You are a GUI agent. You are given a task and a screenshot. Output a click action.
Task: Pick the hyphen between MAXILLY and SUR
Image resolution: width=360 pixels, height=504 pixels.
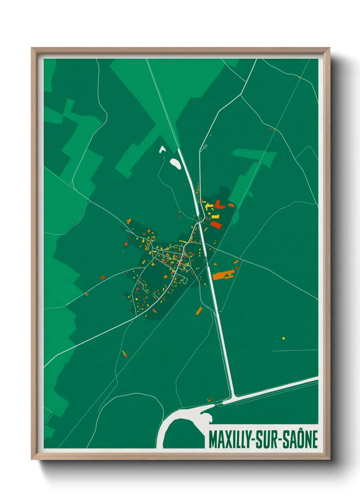pos(253,440)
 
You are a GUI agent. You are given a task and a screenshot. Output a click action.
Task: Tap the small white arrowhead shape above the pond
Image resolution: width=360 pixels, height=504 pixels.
pos(162,149)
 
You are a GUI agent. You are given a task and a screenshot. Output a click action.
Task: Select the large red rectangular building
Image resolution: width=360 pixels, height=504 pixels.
pos(216,224)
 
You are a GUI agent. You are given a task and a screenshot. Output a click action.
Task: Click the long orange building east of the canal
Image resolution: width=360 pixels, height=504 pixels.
pos(223,275)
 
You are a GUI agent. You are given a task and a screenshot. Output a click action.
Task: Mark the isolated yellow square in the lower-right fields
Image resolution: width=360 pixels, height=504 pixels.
pos(283,338)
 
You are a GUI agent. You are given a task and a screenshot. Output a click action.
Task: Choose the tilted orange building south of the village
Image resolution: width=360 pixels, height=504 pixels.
pos(199,311)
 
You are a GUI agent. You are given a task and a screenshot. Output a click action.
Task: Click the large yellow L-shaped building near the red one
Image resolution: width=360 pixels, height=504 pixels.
pos(209,206)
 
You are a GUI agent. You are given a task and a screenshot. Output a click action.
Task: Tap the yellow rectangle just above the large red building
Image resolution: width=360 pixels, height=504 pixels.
pos(215,217)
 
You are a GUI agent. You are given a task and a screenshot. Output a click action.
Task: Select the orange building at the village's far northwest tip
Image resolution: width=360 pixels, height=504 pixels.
pos(129,221)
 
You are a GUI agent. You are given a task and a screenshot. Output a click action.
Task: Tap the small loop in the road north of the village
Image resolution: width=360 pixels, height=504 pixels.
pos(204,146)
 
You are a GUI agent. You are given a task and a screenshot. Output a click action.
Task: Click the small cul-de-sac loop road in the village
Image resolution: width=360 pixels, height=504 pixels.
pos(185,281)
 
